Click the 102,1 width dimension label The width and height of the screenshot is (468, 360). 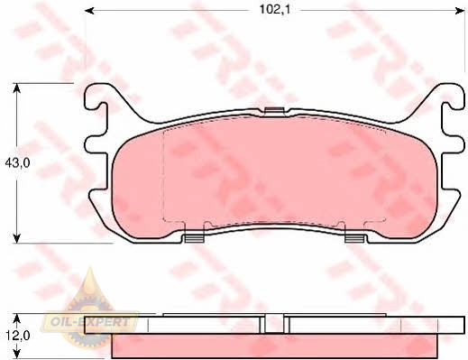point(275,10)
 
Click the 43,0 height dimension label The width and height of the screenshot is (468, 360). point(17,163)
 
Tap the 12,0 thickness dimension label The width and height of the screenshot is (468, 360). point(17,336)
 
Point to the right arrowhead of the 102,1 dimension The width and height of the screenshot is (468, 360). point(460,11)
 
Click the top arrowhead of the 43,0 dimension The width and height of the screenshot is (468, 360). point(17,88)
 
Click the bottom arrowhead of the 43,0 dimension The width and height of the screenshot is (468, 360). point(17,238)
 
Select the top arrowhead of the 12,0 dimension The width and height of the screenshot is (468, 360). point(17,318)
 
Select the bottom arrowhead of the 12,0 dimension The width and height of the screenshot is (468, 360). point(17,354)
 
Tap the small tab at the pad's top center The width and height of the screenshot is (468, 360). point(274,111)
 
